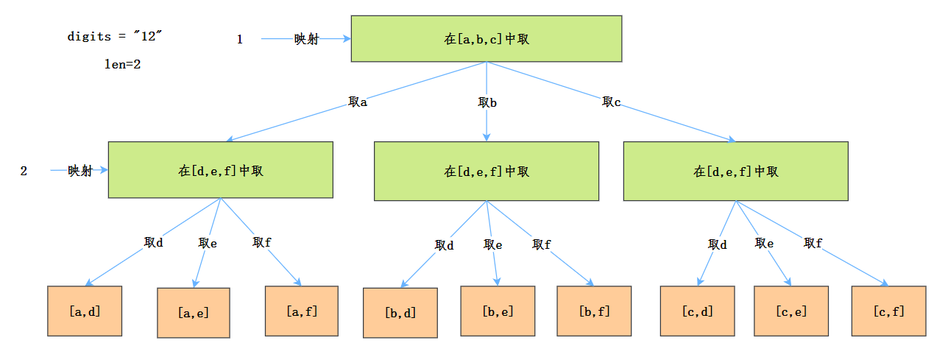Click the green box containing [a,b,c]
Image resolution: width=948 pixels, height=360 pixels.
click(487, 38)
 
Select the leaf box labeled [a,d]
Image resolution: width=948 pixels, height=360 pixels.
click(85, 311)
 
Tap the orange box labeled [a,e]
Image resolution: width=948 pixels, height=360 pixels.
click(194, 313)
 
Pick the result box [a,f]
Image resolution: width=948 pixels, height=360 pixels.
click(302, 311)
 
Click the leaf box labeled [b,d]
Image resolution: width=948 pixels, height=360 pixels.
click(400, 313)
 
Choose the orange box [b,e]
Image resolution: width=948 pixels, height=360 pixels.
click(498, 311)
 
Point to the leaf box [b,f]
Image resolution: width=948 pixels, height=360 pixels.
click(594, 311)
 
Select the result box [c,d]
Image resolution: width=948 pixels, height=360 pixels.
click(698, 311)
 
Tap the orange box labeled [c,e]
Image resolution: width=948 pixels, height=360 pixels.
click(791, 311)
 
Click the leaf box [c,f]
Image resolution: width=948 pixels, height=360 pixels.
click(889, 311)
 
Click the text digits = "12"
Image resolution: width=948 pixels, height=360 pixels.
click(114, 36)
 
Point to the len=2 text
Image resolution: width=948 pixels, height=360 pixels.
click(123, 64)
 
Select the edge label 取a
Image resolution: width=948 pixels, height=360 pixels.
click(358, 102)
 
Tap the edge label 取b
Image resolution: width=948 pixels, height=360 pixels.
click(487, 102)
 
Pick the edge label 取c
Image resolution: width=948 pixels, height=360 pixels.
click(611, 102)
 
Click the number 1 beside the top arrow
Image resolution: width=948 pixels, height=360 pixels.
click(239, 40)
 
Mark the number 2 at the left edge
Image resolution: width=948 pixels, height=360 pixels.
click(24, 171)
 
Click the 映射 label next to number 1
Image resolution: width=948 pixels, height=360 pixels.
click(306, 39)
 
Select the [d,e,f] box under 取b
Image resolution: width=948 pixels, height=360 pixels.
click(487, 171)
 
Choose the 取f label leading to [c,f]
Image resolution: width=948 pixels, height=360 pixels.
click(813, 243)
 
